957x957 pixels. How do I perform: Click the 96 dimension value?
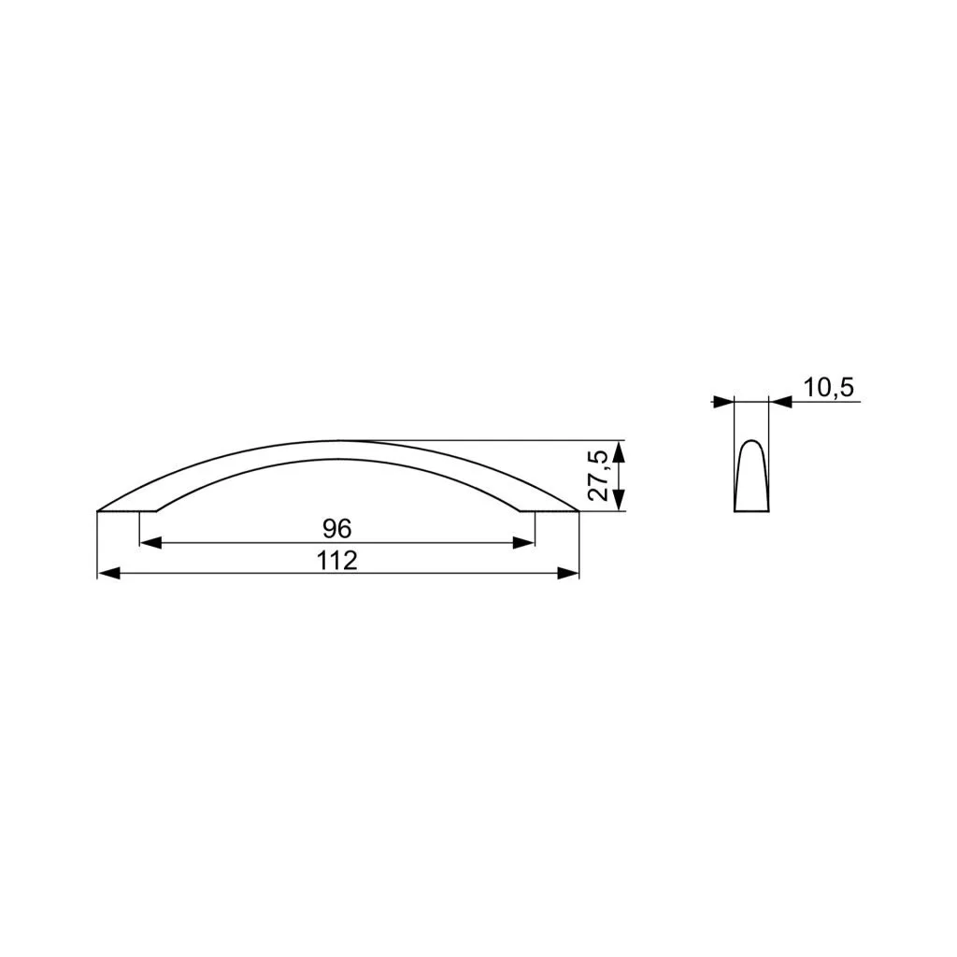tap(336, 529)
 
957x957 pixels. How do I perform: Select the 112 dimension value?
tap(336, 561)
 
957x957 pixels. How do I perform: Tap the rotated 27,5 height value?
tap(597, 476)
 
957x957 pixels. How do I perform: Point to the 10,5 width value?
tap(828, 388)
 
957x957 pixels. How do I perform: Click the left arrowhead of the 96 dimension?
tap(150, 543)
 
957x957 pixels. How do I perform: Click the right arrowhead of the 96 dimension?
tap(523, 543)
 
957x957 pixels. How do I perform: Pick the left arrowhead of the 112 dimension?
tap(108, 573)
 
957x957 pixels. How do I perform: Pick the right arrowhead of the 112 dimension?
tap(567, 573)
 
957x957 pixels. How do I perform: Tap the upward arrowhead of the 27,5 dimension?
tap(619, 451)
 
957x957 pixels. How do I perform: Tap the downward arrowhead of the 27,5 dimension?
tap(619, 500)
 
